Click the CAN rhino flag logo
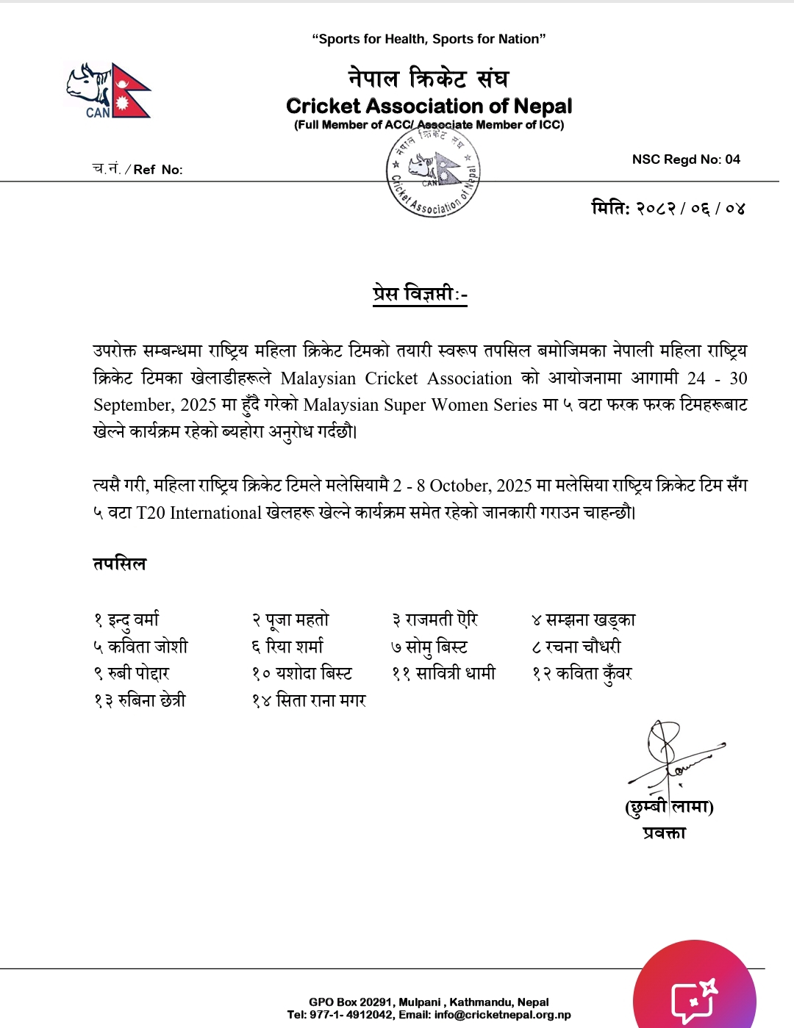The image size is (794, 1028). pyautogui.click(x=108, y=90)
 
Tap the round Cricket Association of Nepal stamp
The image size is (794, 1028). pyautogui.click(x=433, y=173)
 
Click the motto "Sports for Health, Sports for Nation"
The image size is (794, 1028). pyautogui.click(x=429, y=39)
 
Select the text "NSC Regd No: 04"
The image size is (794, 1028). pyautogui.click(x=686, y=159)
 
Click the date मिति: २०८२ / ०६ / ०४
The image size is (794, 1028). pyautogui.click(x=668, y=208)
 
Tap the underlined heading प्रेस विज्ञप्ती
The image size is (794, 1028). pyautogui.click(x=419, y=294)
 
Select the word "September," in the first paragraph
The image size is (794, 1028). pyautogui.click(x=132, y=405)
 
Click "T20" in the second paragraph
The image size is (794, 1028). pyautogui.click(x=151, y=513)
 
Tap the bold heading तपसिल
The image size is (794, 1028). pyautogui.click(x=120, y=564)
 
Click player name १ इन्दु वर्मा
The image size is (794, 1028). pyautogui.click(x=126, y=620)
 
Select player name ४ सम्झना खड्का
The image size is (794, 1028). pyautogui.click(x=584, y=620)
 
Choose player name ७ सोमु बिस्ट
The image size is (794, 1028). pyautogui.click(x=429, y=647)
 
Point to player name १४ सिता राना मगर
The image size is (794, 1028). pyautogui.click(x=309, y=701)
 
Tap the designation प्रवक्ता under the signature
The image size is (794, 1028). pyautogui.click(x=664, y=833)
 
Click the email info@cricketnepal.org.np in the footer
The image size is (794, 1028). pyautogui.click(x=502, y=1015)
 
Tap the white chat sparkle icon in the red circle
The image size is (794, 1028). pyautogui.click(x=693, y=998)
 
